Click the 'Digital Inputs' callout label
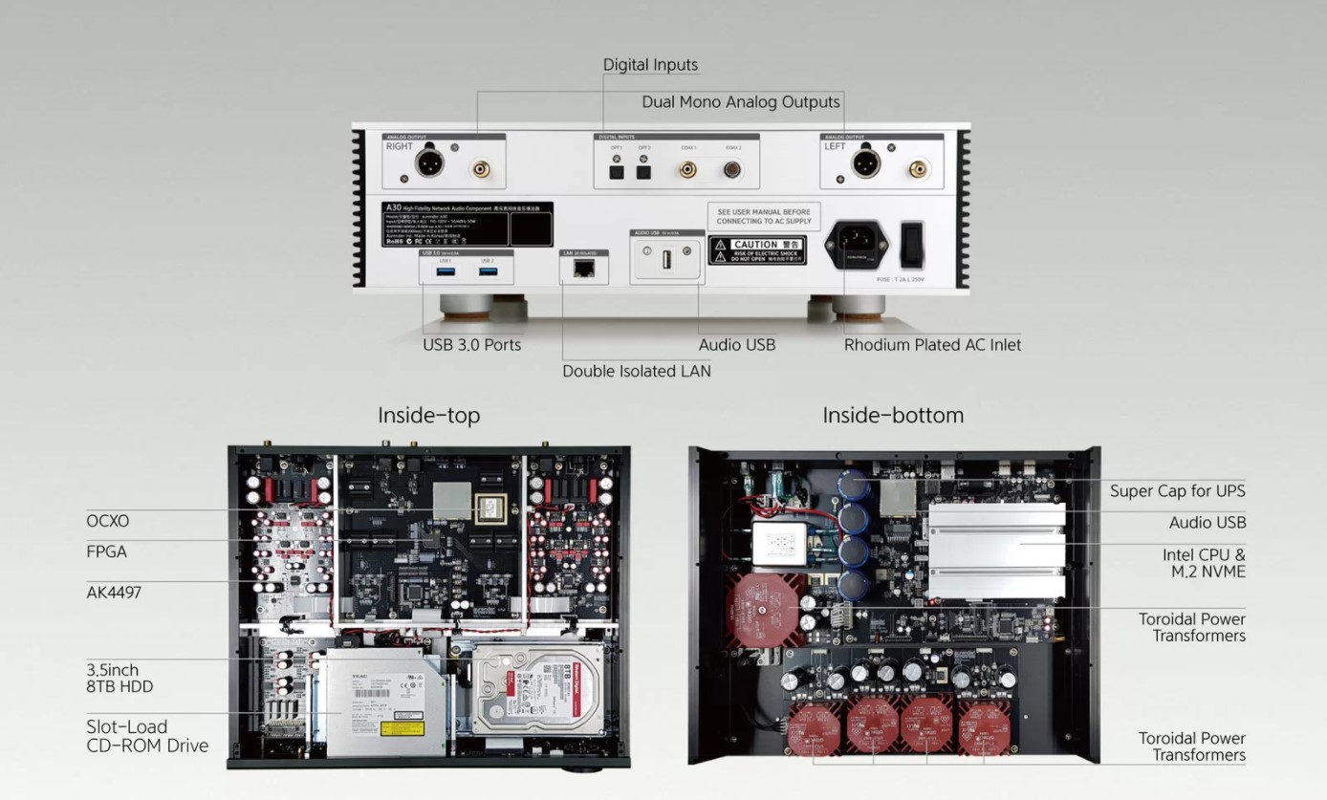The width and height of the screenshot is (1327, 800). pos(650,65)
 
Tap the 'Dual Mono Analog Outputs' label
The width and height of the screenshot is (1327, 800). pos(741,101)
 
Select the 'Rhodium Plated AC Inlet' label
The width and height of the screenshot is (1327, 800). pos(932,345)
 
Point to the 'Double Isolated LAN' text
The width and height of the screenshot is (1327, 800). pos(637,371)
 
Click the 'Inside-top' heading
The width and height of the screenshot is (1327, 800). pos(428,415)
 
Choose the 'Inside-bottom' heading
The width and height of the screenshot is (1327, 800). pos(893,415)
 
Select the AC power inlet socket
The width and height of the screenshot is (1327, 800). pos(857,244)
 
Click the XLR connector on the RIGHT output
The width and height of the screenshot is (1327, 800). pos(428,163)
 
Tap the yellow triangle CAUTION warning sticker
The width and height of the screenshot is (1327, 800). pos(757,251)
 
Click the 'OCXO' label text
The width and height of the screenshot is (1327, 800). pos(107,521)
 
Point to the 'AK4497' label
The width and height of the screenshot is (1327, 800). pos(114,593)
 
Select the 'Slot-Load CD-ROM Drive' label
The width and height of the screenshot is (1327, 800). pos(147,736)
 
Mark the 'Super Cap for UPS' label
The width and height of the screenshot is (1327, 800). pos(1178,491)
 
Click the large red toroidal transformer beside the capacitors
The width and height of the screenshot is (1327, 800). pos(763,610)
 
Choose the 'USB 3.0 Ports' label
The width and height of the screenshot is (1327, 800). pos(472,345)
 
